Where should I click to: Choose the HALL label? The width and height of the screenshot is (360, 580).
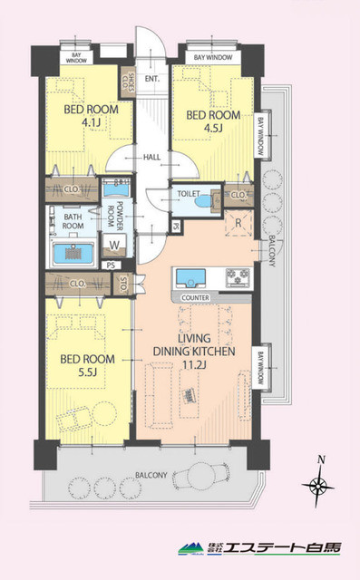[x=152, y=158]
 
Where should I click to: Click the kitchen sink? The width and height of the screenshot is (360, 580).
[x=192, y=276]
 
